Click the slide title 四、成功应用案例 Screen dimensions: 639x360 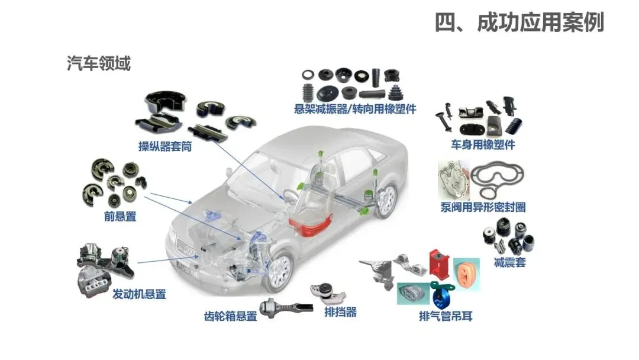pyautogui.click(x=519, y=23)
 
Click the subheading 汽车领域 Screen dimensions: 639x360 pyautogui.click(x=99, y=63)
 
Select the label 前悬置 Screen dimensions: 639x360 pyautogui.click(x=120, y=217)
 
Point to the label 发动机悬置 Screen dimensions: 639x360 pyautogui.click(x=139, y=294)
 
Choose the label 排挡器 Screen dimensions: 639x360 pyautogui.click(x=340, y=311)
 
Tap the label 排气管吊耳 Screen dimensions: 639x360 pyautogui.click(x=446, y=316)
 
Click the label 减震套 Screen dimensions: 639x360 pyautogui.click(x=509, y=262)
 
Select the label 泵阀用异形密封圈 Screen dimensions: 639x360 pyautogui.click(x=483, y=207)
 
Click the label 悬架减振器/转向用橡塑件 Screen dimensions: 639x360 pyautogui.click(x=355, y=109)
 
